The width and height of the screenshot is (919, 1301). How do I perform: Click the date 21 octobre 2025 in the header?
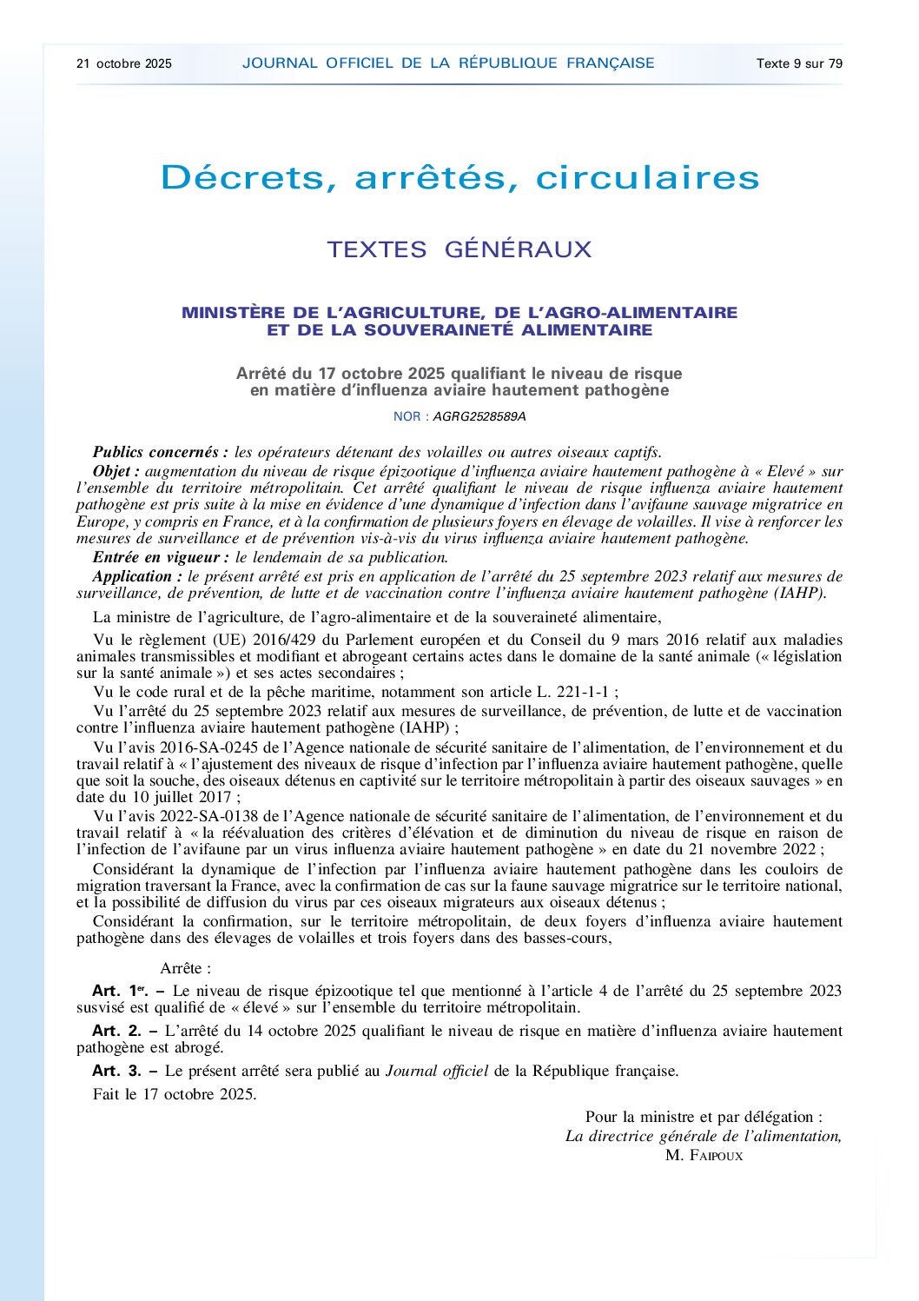coord(124,63)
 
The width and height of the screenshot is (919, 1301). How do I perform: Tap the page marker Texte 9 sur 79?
coord(799,63)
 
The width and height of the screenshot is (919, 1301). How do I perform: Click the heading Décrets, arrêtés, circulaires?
coord(459,178)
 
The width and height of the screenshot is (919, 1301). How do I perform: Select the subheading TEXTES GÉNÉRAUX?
coord(459,249)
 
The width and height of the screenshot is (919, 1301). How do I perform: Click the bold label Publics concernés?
coord(161,452)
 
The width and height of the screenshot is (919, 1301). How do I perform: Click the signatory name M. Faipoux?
coord(704,1155)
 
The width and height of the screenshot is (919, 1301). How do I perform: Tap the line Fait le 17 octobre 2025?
coord(175,1094)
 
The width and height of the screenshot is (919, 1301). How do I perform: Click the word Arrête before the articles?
coord(185,968)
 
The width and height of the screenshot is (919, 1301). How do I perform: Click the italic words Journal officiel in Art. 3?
coord(437,1071)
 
